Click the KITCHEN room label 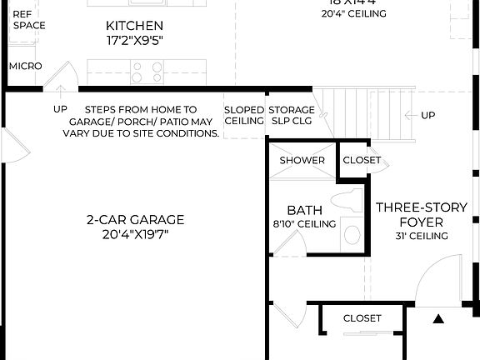(134, 26)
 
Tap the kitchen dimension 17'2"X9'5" (134, 41)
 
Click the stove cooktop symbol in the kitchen (147, 73)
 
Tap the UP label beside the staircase (427, 115)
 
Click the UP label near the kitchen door (60, 109)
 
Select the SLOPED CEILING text (243, 116)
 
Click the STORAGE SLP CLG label (291, 116)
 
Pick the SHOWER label (302, 160)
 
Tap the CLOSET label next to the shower (361, 160)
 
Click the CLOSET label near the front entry (362, 318)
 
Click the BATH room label (304, 210)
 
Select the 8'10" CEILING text (304, 223)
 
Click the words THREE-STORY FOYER (409, 215)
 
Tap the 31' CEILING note (422, 236)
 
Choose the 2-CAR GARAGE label (134, 220)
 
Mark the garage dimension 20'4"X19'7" (134, 234)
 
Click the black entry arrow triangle (438, 318)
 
